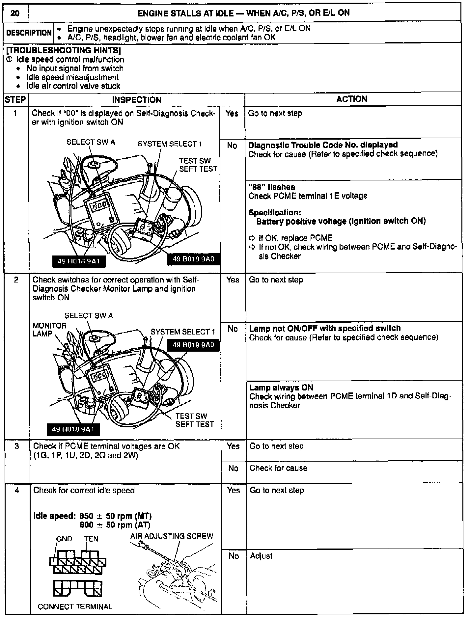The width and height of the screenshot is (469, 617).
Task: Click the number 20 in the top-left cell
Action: coord(15,13)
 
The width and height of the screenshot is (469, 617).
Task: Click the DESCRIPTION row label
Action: coord(29,33)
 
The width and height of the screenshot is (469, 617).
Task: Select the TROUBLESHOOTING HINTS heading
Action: coord(63,50)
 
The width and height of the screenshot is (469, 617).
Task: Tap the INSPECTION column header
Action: coord(137,99)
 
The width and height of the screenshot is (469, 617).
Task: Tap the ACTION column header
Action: coord(352,99)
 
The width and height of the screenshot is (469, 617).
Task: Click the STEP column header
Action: coord(15,99)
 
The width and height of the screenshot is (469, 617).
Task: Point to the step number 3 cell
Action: coord(16,446)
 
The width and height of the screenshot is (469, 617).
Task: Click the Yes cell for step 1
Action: coord(232,114)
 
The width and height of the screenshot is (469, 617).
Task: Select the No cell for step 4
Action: coord(234,556)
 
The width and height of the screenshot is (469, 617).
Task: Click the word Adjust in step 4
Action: coord(261,556)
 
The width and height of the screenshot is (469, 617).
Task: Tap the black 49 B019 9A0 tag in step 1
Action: coord(194,259)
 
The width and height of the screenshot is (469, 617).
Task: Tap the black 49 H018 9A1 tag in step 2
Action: coord(73,429)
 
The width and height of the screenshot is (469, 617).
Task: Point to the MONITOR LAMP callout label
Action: coord(49,330)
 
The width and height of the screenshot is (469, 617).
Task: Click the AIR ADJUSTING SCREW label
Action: coord(172,536)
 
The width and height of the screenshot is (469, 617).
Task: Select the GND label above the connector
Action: coord(64,539)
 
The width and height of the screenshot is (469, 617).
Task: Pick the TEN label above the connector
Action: coord(91,539)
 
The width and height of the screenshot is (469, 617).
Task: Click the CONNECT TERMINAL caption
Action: coord(75,606)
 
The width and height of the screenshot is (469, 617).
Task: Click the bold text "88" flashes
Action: coord(272,187)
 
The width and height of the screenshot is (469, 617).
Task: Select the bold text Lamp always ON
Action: coord(281,388)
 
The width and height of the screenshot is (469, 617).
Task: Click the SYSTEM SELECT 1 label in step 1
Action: coord(170,144)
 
